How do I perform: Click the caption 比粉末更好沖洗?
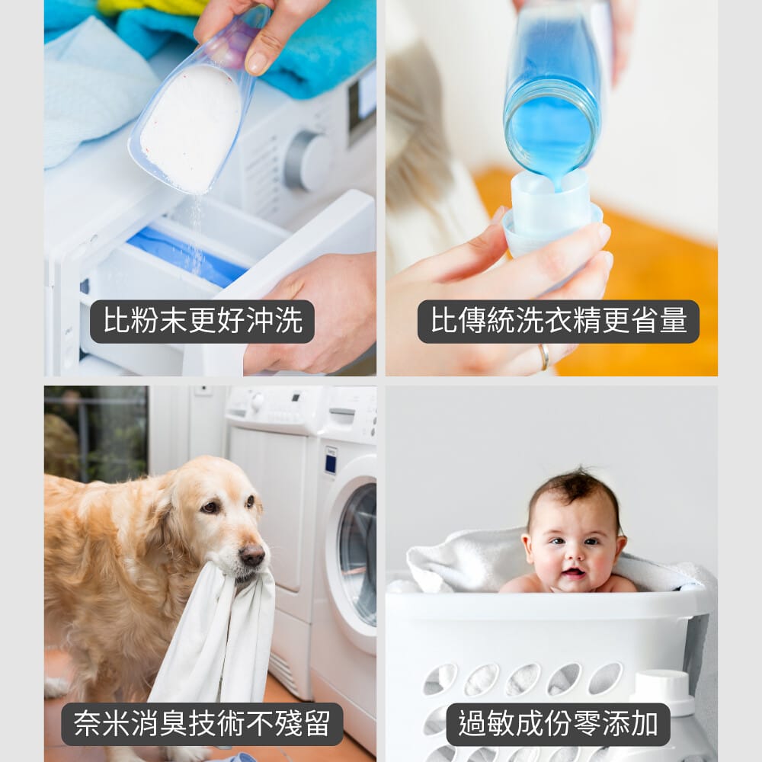tap(203, 322)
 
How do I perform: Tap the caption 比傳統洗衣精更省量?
tap(559, 321)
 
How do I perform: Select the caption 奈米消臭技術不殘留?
tap(202, 724)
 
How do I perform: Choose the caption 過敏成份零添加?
tap(558, 724)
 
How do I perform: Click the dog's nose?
tap(253, 555)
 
